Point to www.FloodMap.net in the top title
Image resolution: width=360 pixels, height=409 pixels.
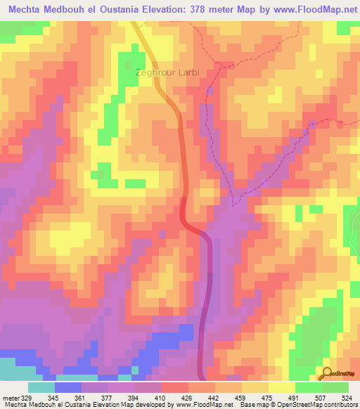point(314,9)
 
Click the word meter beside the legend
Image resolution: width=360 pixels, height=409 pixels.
point(10,397)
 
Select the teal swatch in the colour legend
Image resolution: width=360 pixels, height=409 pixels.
point(41,387)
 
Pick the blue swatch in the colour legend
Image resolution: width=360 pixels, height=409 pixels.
point(67,387)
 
